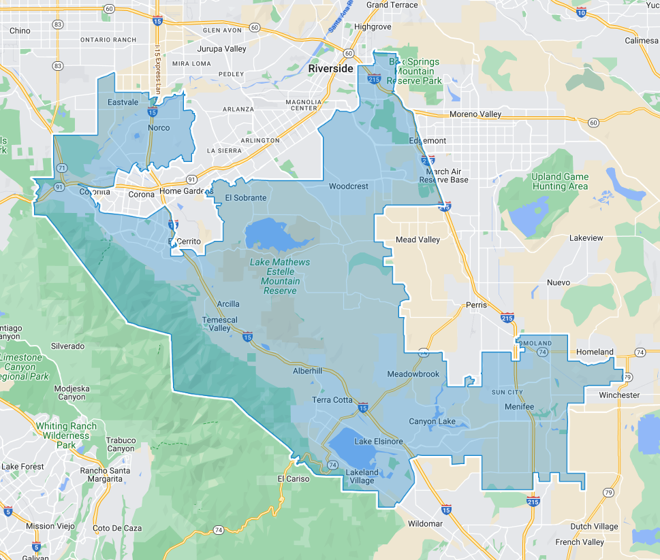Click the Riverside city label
330,69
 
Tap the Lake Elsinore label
379,442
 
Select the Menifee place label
520,406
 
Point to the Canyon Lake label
432,421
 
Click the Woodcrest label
348,186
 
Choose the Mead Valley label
418,240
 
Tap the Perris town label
477,305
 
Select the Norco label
159,128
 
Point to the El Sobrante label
246,198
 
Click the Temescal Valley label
219,324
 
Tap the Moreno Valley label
475,114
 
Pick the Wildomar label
425,523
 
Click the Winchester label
619,395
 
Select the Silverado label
67,346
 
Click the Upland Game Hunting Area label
559,182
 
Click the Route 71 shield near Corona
61,167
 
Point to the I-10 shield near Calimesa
581,12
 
